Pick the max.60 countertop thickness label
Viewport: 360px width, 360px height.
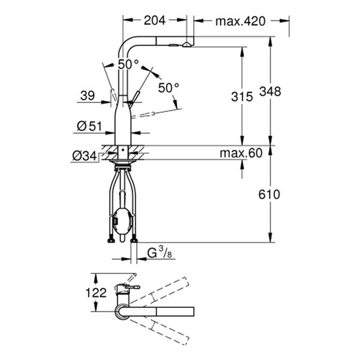(241, 154)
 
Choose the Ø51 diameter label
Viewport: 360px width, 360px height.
(89, 127)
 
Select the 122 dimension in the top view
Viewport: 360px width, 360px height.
(95, 293)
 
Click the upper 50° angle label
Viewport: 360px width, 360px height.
(128, 64)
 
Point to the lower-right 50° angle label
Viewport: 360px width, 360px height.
(169, 88)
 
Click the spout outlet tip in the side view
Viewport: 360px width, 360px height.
(187, 43)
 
